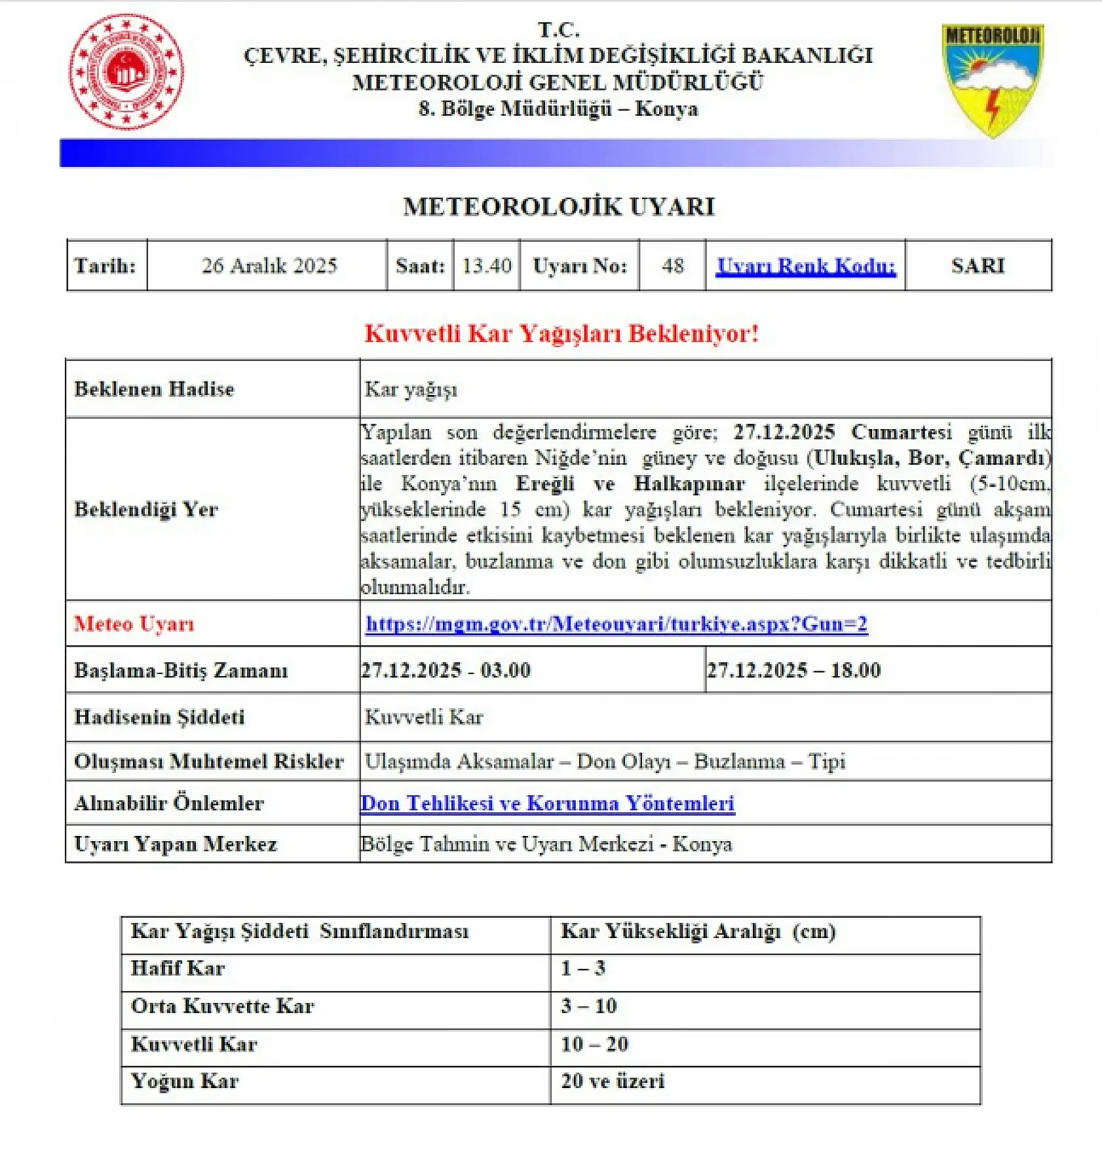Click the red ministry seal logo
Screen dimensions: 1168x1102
(126, 71)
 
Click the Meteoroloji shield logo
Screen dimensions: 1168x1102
(992, 79)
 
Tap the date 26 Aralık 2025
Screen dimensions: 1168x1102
(269, 265)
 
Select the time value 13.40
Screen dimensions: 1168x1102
(486, 265)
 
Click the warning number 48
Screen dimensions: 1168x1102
(672, 265)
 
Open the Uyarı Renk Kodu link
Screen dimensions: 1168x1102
(805, 265)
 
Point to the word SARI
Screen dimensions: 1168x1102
(978, 265)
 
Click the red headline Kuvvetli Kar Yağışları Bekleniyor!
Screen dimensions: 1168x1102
(561, 333)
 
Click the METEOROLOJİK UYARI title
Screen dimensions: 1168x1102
(559, 206)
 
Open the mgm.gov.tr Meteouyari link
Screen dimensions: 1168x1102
(616, 624)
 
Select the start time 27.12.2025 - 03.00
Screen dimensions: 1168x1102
(446, 670)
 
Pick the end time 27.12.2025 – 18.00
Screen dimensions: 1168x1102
(793, 670)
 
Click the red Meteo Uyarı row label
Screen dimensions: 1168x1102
(134, 624)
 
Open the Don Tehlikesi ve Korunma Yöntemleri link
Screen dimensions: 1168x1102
(548, 803)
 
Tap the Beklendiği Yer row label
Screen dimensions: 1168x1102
(145, 509)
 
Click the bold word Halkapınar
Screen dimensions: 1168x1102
(689, 483)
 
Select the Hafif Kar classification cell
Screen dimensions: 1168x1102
(178, 968)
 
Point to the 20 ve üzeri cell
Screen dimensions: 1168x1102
(613, 1081)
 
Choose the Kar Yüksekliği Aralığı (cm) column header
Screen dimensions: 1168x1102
(698, 932)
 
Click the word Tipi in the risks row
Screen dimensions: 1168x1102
(827, 761)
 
